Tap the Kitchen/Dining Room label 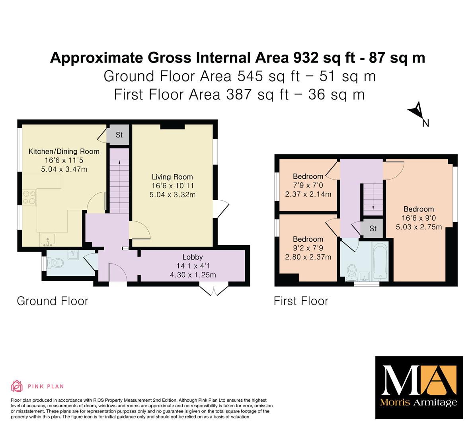coord(64,152)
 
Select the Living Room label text coord(172,177)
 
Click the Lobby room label coord(193,257)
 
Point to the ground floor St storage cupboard coord(119,135)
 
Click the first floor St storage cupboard coord(373,228)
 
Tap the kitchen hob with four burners coord(29,197)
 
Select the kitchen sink coord(48,240)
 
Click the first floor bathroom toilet coord(351,272)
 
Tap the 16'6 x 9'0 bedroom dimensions coord(419,218)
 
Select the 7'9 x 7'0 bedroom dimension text coord(308,185)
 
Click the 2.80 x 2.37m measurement coord(308,257)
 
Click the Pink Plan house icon coord(17,386)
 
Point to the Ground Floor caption coord(53,301)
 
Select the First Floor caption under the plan coord(301,301)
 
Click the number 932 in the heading coord(306,58)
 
